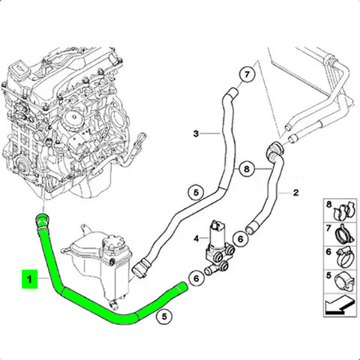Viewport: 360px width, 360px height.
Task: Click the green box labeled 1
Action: pos(30,279)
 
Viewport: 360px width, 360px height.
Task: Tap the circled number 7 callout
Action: pos(247,74)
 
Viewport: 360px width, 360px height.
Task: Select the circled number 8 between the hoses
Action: pos(247,169)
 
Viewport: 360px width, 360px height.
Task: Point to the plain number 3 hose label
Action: pos(196,133)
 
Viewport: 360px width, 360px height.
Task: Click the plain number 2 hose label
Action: pos(295,193)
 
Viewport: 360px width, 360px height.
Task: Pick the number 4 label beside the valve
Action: pos(196,238)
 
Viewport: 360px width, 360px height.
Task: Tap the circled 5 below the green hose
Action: pos(164,316)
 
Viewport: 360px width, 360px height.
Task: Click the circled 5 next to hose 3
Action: pos(196,193)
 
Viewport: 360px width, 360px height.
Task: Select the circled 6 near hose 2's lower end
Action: pos(240,239)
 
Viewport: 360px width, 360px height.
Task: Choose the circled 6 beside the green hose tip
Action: pos(196,278)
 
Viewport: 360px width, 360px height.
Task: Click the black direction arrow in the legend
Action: pos(340,304)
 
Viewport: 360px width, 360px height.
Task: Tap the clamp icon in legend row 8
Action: pos(343,211)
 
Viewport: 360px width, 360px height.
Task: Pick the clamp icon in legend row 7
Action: pos(343,234)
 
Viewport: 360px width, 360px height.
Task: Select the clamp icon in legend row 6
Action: pos(343,258)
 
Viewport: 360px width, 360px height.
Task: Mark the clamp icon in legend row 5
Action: pos(344,282)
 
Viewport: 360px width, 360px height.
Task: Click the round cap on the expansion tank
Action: pos(113,244)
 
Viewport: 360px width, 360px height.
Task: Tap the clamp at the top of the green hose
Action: pos(42,220)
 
